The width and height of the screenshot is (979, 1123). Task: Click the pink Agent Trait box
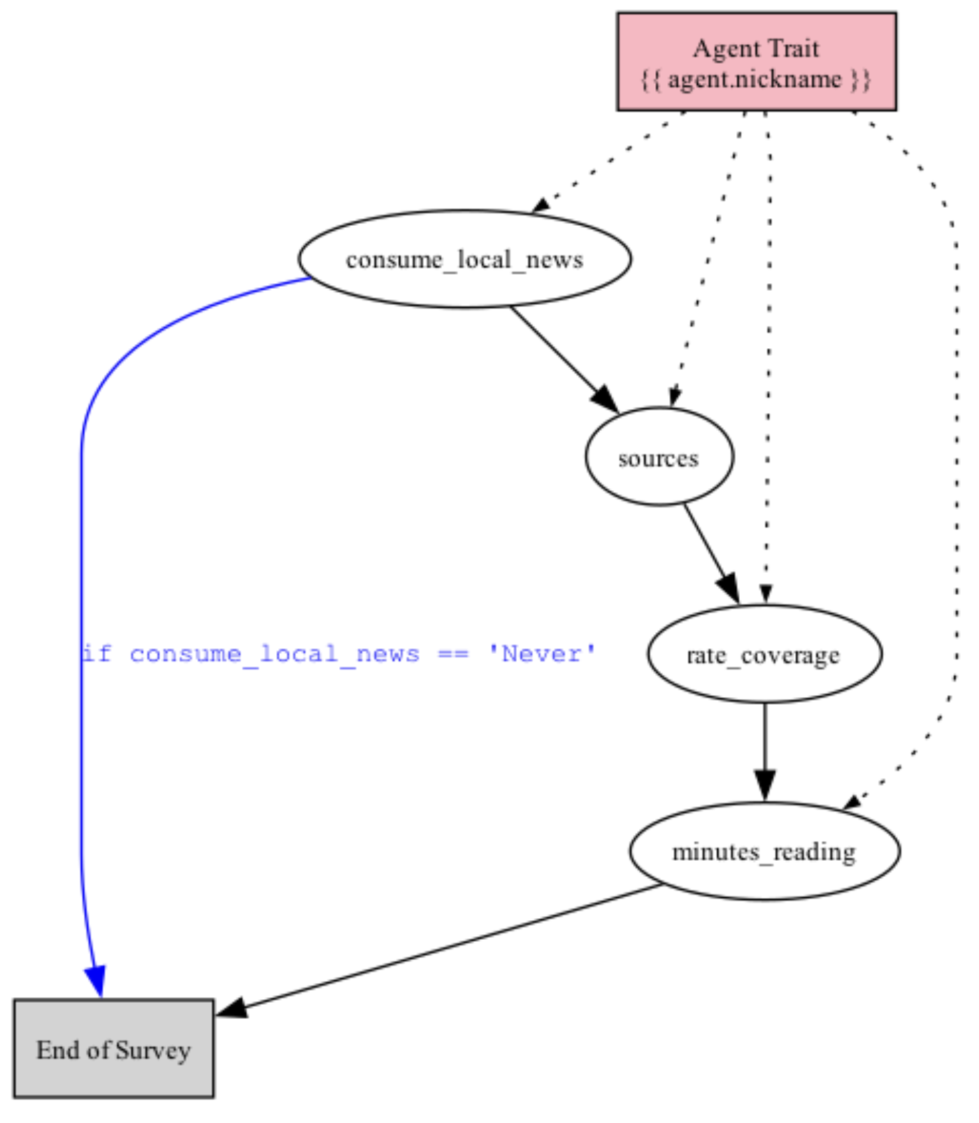coord(756,62)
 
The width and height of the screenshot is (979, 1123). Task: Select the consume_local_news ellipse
coord(464,259)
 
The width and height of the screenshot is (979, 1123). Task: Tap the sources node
coord(659,457)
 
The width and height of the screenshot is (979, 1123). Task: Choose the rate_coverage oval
coord(764,655)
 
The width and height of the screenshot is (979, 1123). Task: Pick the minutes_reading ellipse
coord(764,851)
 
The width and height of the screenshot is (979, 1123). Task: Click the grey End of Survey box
coord(113,1048)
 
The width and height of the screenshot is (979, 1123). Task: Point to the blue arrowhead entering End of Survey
coord(96,980)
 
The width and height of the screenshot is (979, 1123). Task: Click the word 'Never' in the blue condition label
coord(542,655)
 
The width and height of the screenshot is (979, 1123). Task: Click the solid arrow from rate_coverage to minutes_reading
coord(764,748)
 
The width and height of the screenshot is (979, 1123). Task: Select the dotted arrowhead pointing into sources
coord(674,397)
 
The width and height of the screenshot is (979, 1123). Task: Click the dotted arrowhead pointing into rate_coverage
coord(766,594)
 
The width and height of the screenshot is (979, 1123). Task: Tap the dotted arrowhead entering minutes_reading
coord(853,801)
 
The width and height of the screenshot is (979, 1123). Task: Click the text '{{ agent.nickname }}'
coord(755,79)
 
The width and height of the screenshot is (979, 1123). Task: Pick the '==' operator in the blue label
coord(452,655)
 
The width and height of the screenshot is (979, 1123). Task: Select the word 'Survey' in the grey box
coord(153,1050)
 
